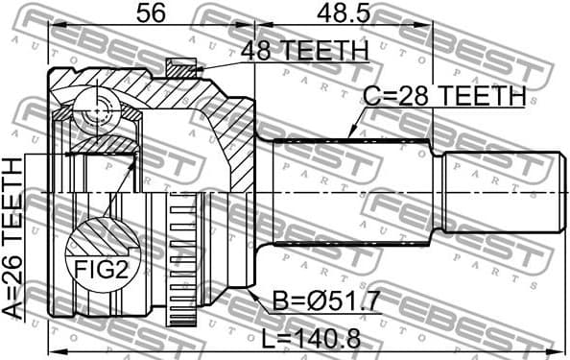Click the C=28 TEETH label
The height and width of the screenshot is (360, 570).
coord(443,95)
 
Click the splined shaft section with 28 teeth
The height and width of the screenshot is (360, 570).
coord(355,191)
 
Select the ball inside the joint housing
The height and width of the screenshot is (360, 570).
coord(97,114)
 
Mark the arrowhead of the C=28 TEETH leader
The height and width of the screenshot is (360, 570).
coord(350,136)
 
